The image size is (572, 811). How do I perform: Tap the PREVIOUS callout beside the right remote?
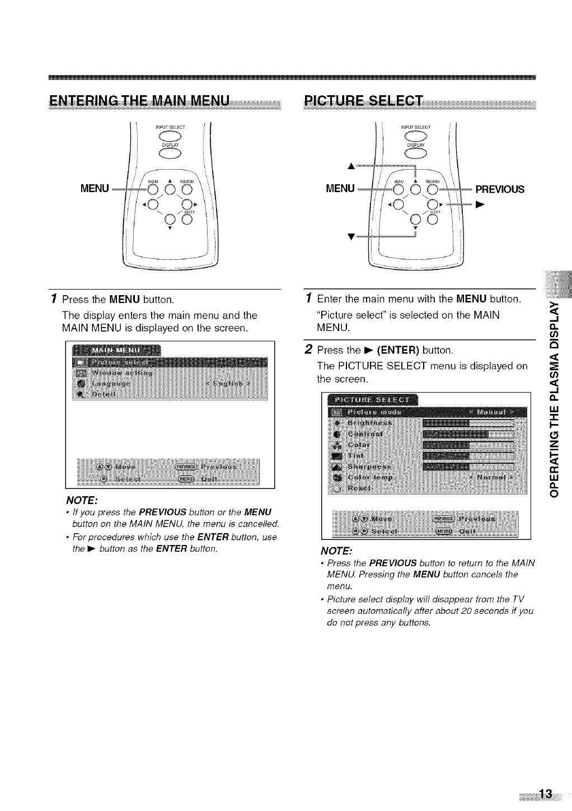(499, 189)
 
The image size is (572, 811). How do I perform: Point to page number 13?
(545, 794)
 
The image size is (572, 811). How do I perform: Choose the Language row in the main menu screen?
(112, 384)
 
